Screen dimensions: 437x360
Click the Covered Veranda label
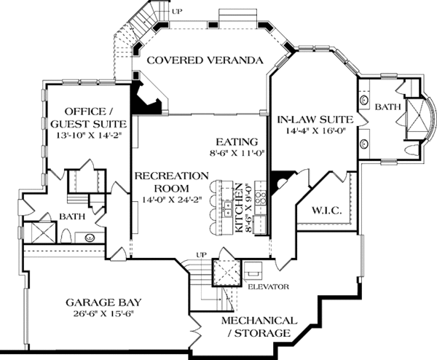(205, 60)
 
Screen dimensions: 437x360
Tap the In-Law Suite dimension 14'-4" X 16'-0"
(315, 130)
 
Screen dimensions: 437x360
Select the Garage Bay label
(103, 302)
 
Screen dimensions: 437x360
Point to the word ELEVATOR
(268, 286)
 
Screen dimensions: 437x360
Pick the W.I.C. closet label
(326, 211)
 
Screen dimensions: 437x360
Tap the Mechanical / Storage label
(259, 326)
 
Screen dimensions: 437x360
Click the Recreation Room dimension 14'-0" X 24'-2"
(172, 200)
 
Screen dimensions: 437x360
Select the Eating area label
(237, 142)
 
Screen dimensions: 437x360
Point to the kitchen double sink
(229, 209)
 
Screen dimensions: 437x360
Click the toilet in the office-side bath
(66, 236)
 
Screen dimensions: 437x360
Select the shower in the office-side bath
(40, 232)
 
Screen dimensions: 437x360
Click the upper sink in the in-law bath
(363, 99)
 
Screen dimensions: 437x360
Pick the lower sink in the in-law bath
(363, 144)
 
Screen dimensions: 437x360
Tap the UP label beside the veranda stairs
(177, 12)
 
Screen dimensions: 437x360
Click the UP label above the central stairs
(201, 255)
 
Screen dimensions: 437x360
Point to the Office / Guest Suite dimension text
(89, 136)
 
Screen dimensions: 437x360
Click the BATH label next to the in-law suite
(387, 107)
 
